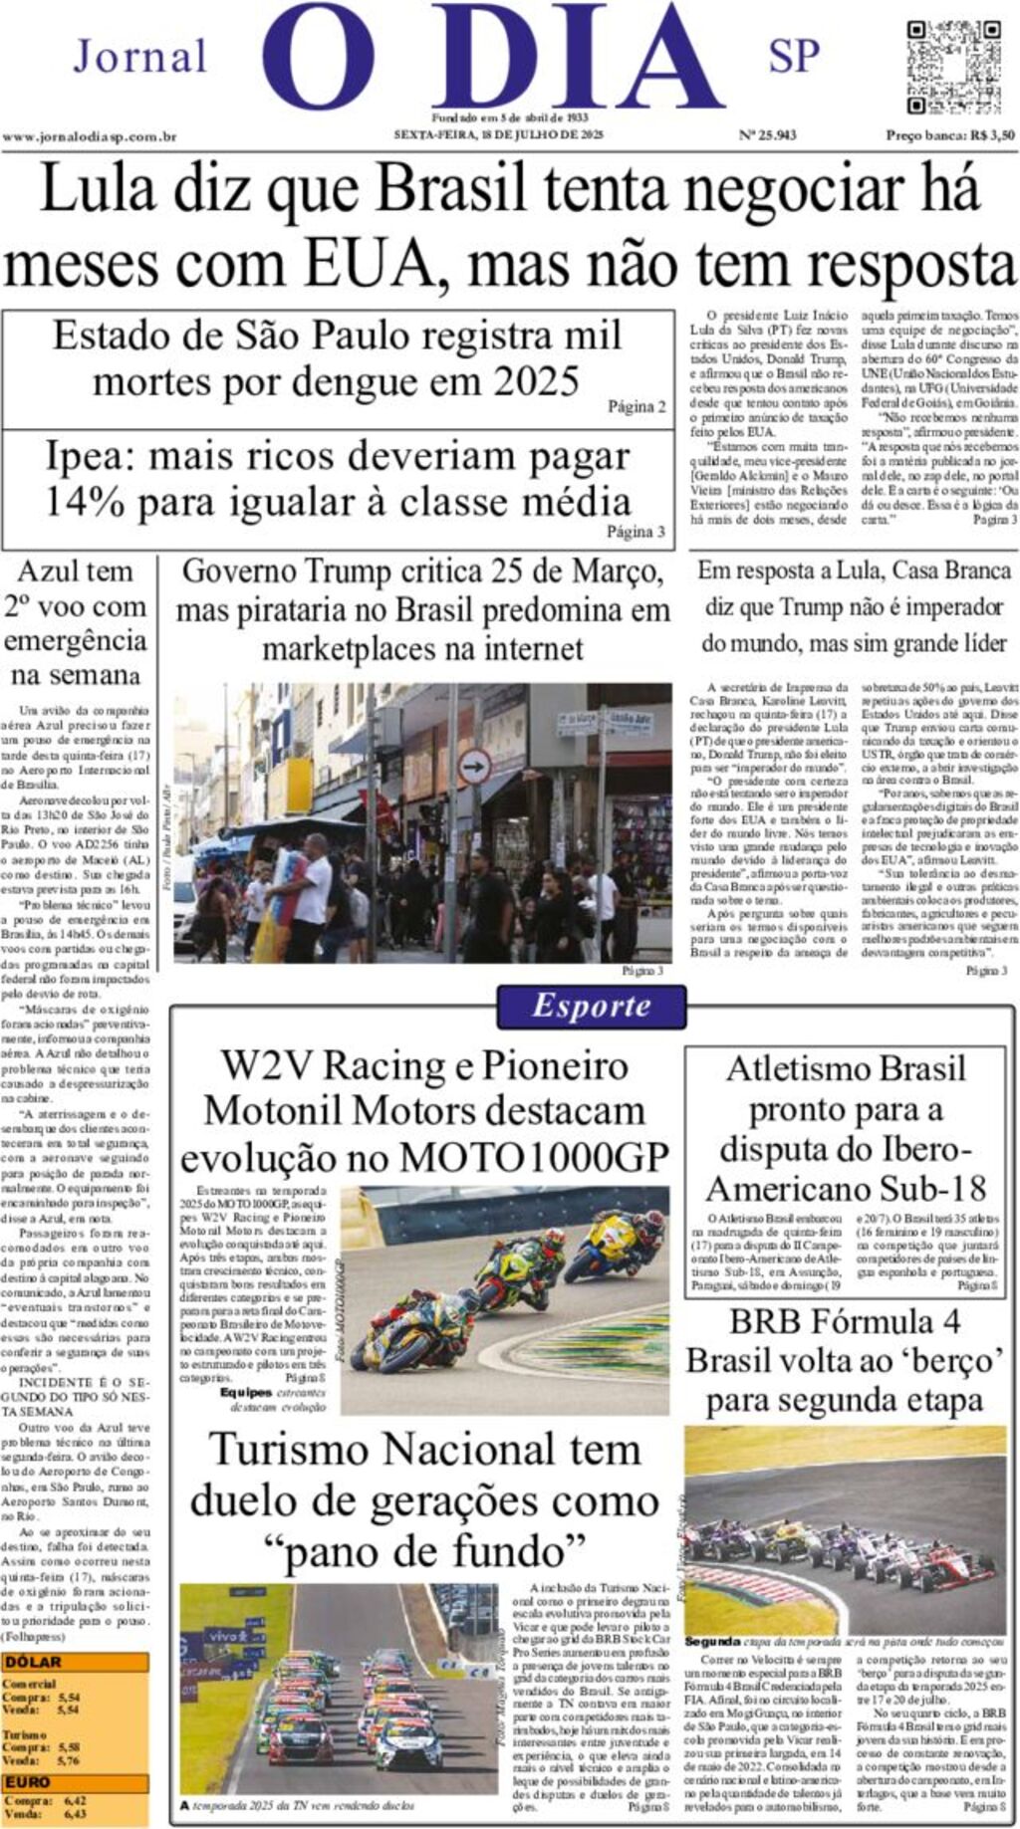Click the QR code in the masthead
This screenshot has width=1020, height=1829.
[939, 67]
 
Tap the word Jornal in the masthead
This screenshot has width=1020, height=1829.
[140, 57]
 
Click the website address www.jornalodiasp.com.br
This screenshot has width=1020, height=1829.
[90, 136]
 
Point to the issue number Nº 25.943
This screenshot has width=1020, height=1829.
[767, 135]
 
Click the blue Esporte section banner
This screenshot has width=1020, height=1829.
[592, 1006]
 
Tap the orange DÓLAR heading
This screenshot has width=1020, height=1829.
[34, 1662]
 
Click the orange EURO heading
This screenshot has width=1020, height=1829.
[28, 1782]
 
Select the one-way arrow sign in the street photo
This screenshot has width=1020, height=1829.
[474, 766]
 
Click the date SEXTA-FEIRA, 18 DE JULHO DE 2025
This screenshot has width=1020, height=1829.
[498, 135]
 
